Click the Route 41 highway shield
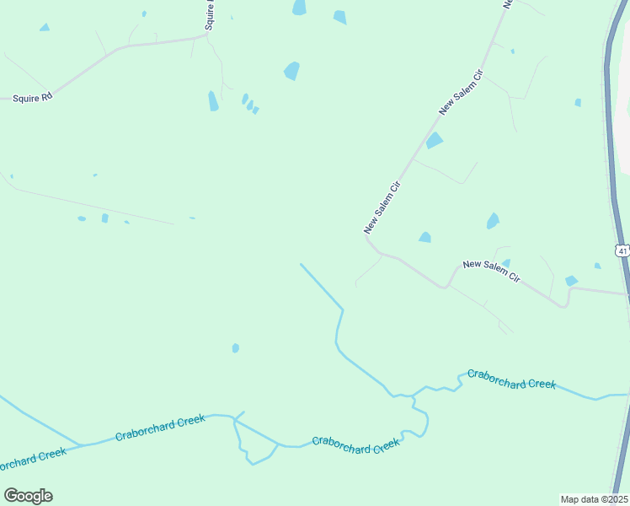[x=622, y=250]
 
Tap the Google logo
[x=28, y=496]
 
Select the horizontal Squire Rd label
[x=33, y=97]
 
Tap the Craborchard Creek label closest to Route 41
[x=511, y=379]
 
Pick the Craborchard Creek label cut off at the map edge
[x=32, y=460]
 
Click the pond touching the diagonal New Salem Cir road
[x=434, y=141]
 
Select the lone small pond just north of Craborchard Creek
[x=236, y=347]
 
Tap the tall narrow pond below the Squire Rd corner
[x=213, y=101]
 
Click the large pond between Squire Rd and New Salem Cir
[x=291, y=71]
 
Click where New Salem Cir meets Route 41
[x=626, y=294]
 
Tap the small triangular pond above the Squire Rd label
[x=44, y=28]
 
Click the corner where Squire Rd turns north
[x=206, y=35]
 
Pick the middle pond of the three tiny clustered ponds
[x=250, y=105]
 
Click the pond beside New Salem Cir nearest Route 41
[x=571, y=281]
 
